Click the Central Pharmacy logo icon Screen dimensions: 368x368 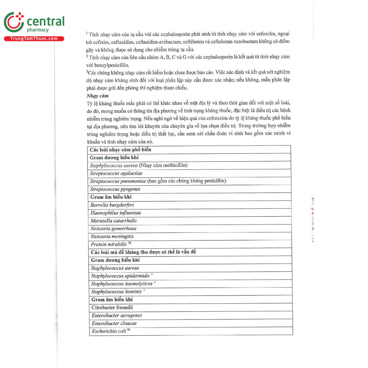tap(14, 22)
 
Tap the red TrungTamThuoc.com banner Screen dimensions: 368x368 tap(34, 39)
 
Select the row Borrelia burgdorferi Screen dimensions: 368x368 tap(112, 205)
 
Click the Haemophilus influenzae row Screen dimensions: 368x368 tap(116, 213)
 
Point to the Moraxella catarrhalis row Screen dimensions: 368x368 tap(113, 221)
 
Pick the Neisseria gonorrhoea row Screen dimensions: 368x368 tap(113, 229)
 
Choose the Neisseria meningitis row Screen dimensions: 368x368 tap(112, 236)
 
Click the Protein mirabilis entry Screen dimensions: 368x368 tap(109, 244)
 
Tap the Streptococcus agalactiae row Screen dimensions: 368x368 tap(116, 173)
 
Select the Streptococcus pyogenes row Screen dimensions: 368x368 tap(115, 189)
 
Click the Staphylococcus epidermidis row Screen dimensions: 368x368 tap(120, 276)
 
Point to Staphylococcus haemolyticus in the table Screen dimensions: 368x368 tap(122, 284)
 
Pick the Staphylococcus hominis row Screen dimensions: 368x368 tap(116, 292)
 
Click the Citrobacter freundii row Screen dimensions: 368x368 tap(112, 308)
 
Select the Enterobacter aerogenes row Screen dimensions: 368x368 tap(117, 316)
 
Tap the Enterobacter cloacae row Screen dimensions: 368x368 tap(114, 323)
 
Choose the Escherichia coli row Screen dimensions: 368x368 tap(109, 331)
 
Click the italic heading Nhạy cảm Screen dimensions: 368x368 tap(98, 96)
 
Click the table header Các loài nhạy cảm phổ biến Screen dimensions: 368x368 tap(121, 150)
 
